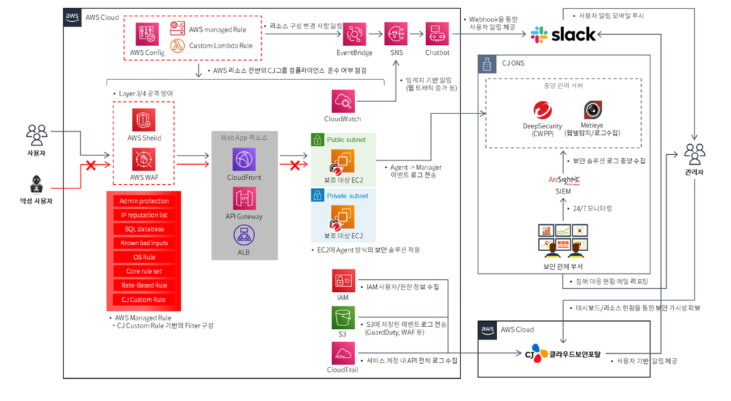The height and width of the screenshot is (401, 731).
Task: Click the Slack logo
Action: (564, 34)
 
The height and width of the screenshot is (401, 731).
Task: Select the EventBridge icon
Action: (354, 34)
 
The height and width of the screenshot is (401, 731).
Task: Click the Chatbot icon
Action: (437, 34)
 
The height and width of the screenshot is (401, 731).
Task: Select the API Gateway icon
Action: (244, 198)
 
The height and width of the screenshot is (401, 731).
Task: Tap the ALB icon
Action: (244, 235)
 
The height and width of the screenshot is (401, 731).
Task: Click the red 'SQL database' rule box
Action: (144, 229)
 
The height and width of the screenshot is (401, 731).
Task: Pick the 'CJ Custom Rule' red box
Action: (144, 299)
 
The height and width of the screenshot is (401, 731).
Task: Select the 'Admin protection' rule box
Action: (144, 201)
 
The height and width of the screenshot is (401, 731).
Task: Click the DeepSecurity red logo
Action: (544, 111)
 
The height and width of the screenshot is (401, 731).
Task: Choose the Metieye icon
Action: (593, 110)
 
